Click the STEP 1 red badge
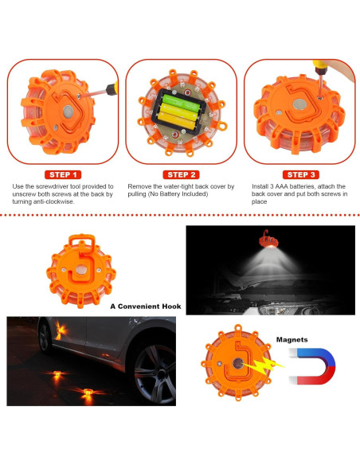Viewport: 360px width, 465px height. click(63, 174)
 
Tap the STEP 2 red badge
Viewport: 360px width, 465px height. click(181, 174)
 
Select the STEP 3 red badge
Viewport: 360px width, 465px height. click(301, 174)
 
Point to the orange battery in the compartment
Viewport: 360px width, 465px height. click(177, 119)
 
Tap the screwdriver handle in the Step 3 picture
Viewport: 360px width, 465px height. click(319, 67)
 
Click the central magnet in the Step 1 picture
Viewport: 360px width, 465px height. click(68, 111)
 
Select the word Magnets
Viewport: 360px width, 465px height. click(292, 339)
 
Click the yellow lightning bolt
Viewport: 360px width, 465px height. click(264, 365)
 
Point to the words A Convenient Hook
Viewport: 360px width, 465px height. click(146, 307)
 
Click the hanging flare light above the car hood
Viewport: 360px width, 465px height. click(268, 240)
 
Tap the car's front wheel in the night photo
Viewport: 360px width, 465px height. click(155, 374)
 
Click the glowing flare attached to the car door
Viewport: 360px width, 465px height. click(61, 330)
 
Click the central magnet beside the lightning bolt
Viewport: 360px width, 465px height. click(238, 363)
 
